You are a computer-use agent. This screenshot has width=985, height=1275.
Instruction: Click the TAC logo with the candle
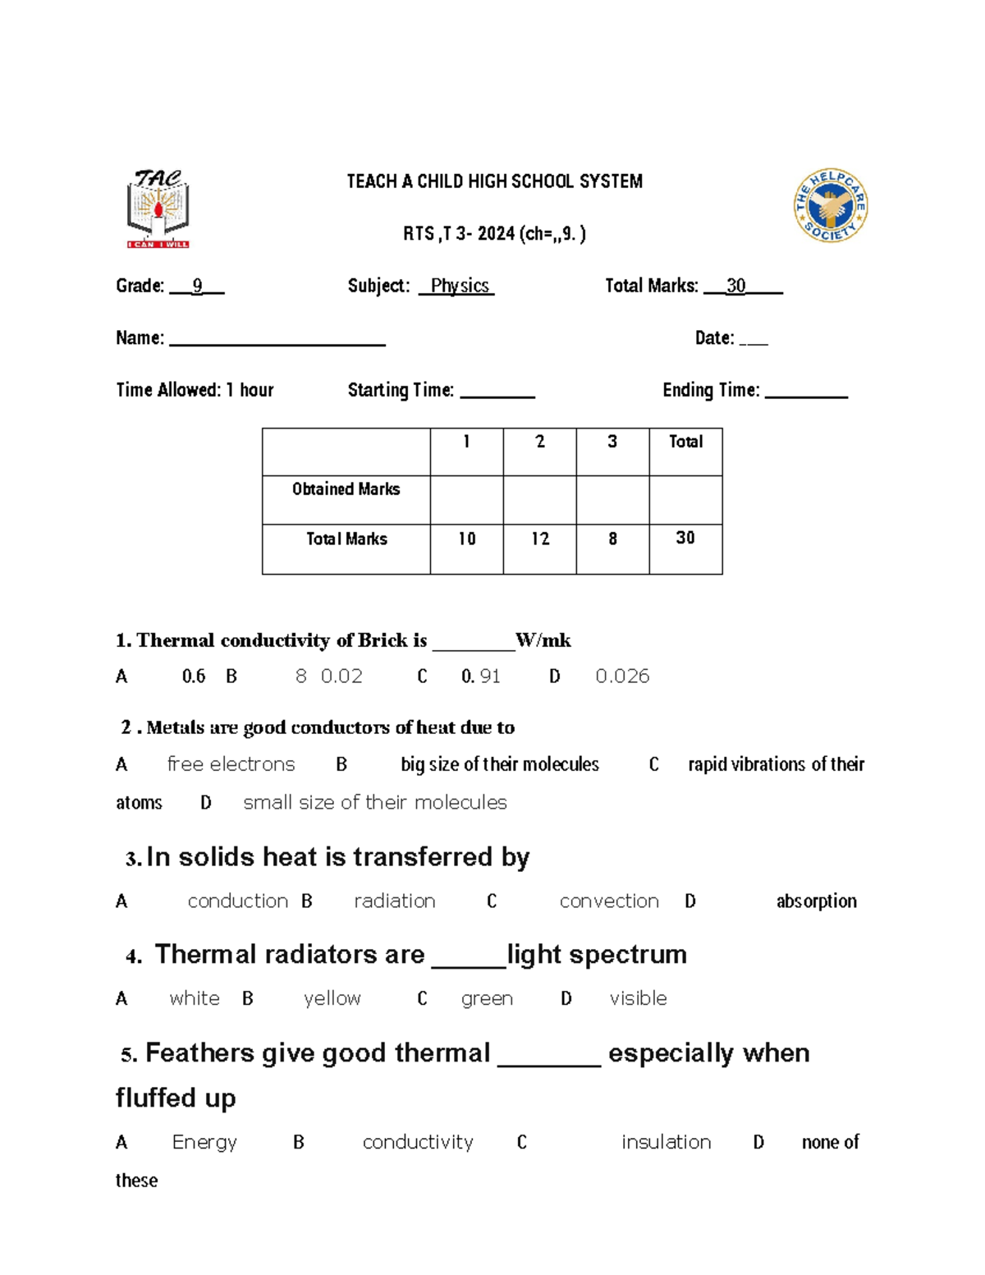tap(158, 209)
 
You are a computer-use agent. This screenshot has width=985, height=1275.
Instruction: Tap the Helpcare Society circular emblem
tap(831, 205)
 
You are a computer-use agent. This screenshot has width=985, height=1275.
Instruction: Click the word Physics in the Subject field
tap(459, 286)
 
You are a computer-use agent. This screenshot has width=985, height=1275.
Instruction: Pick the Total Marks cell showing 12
tap(539, 539)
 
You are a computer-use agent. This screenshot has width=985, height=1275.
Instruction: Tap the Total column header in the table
tap(685, 442)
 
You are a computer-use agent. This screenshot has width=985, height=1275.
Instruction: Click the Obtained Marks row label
tap(346, 489)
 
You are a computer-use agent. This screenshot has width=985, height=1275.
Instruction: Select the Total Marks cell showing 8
tap(612, 539)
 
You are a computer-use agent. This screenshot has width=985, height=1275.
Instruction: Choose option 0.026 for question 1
tap(622, 676)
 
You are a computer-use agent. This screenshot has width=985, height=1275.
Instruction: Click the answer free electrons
tap(231, 764)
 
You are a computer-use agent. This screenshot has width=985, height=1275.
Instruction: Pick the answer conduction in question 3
tap(237, 901)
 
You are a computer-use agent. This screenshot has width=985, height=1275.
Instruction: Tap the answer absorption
tap(816, 901)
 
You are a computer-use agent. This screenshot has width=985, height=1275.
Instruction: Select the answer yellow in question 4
tap(332, 999)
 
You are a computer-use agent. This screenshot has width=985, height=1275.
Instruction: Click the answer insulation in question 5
tap(666, 1143)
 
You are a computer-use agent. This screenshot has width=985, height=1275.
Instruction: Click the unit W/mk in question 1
tap(543, 640)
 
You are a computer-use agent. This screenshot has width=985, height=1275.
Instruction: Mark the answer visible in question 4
tap(638, 999)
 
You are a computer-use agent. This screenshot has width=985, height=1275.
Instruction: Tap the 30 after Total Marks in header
tap(735, 286)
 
